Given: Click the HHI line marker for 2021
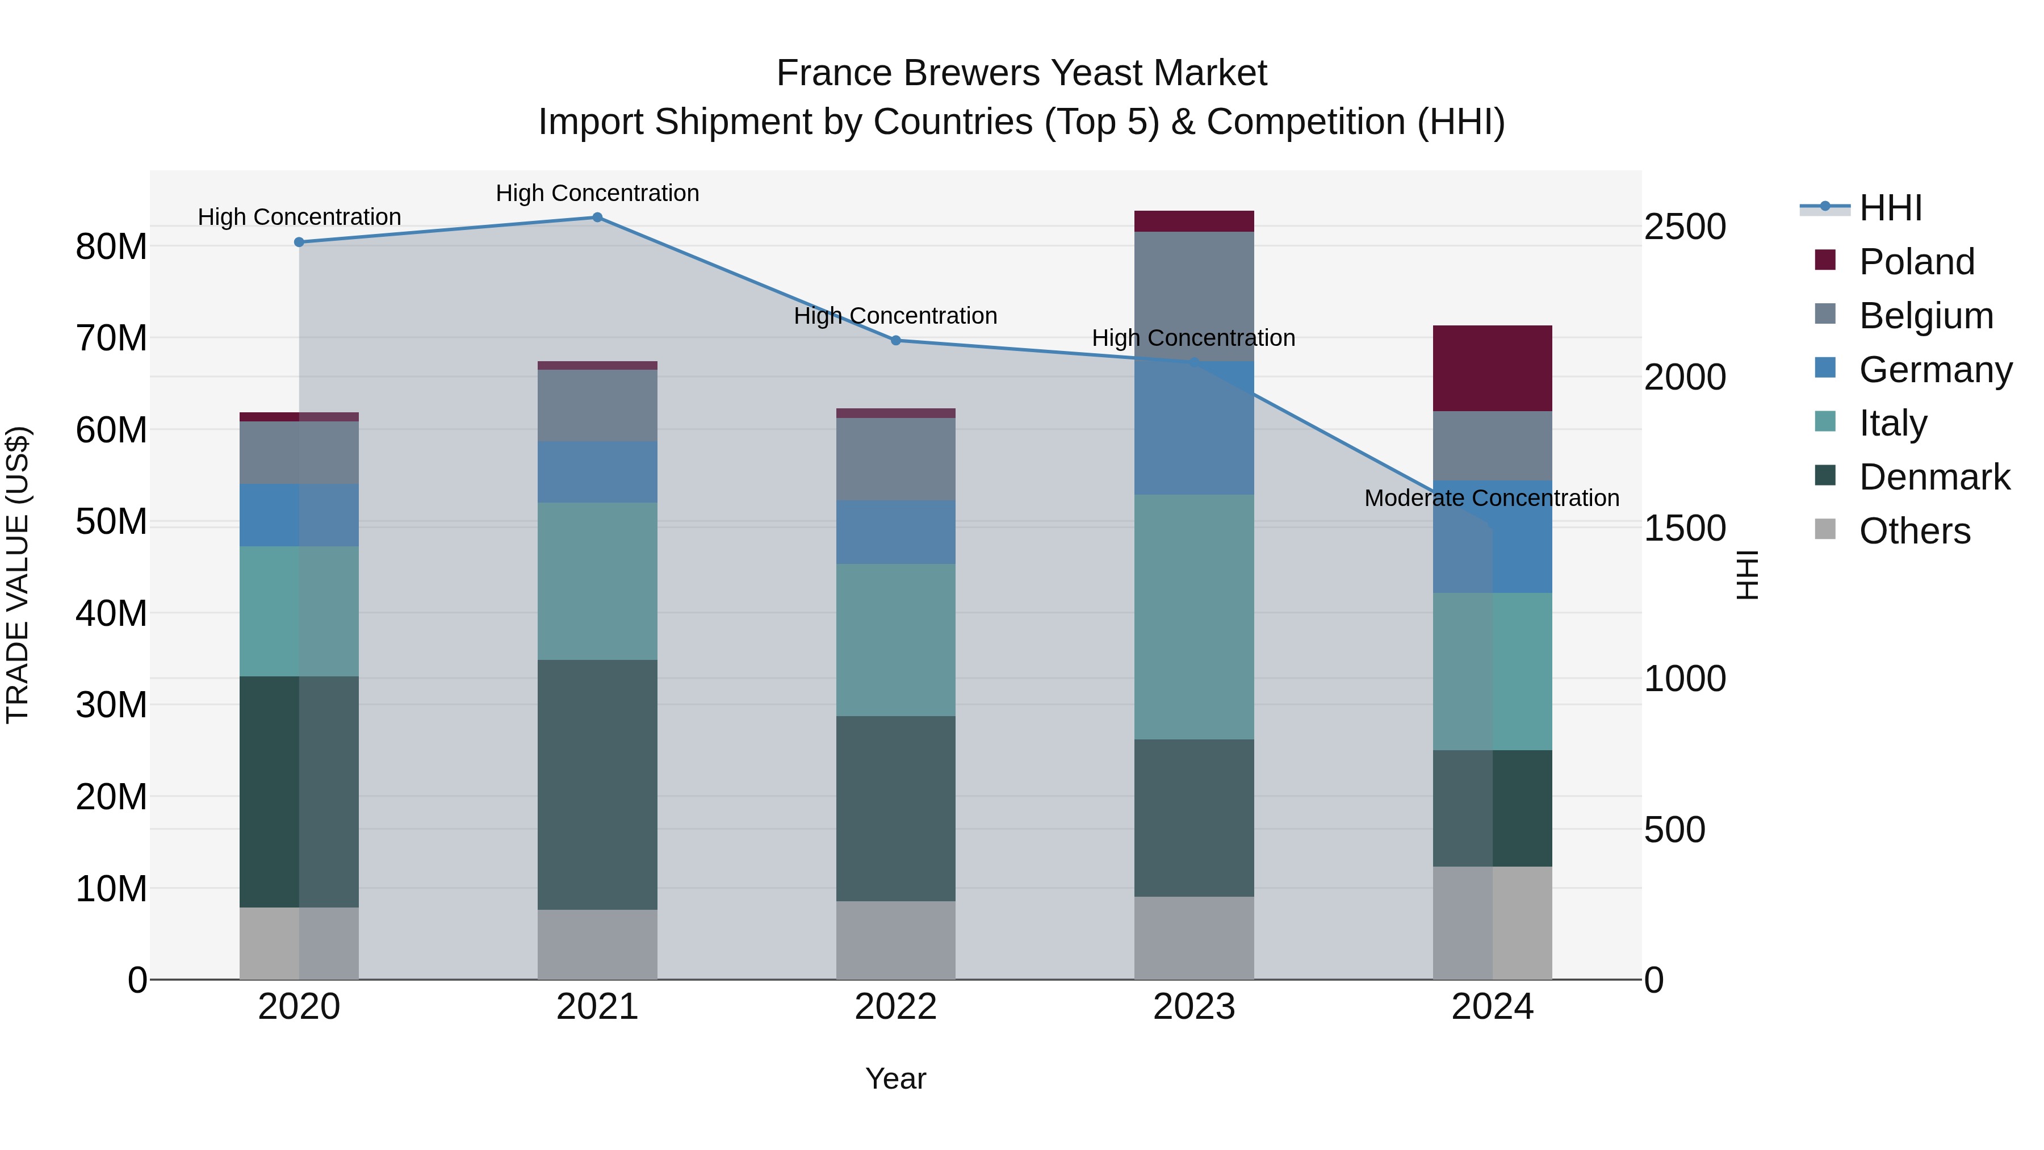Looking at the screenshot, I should tap(597, 218).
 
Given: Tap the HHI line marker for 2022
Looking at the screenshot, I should tap(896, 341).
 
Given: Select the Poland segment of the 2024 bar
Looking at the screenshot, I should tap(1493, 368).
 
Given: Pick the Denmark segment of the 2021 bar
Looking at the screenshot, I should tap(597, 784).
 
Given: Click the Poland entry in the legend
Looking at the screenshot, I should tap(1916, 262).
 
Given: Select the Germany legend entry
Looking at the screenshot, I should tap(1934, 370).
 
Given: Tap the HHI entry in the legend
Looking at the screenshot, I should tap(1890, 208).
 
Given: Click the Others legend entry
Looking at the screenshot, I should tap(1914, 531).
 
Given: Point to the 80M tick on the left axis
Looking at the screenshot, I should tap(111, 247).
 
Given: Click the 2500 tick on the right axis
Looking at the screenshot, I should tap(1685, 227).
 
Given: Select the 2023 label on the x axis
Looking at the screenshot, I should tap(1194, 1007).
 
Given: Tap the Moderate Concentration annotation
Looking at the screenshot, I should tap(1492, 499).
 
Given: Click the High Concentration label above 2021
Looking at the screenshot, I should tap(597, 193).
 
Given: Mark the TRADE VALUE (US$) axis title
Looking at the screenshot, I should tap(18, 575).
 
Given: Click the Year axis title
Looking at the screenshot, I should tap(896, 1078).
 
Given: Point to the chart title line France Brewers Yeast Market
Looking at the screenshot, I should tap(1021, 73).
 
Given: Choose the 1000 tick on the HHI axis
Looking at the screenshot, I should tap(1685, 679).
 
